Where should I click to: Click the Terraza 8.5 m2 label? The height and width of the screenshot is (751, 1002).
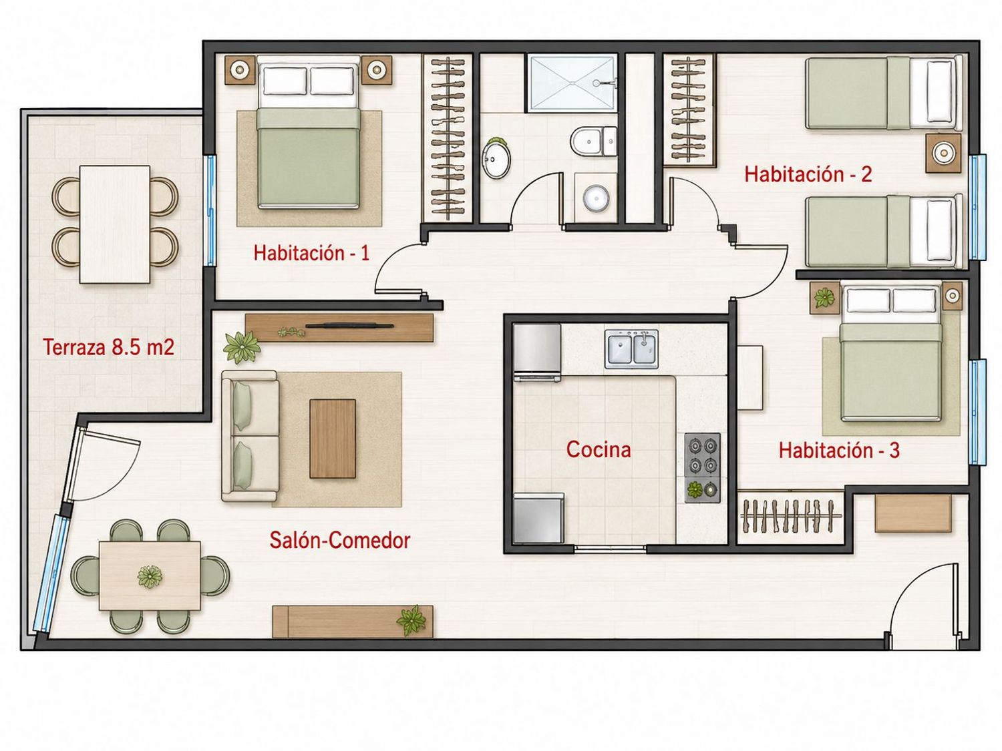click(x=109, y=347)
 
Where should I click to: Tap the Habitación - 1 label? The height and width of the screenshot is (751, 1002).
click(x=311, y=253)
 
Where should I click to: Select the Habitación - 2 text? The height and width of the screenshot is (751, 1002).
click(x=808, y=174)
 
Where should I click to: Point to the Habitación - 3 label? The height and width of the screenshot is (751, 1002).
click(x=839, y=451)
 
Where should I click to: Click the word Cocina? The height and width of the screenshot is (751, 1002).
click(x=599, y=449)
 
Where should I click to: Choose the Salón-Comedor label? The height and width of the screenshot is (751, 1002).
click(x=339, y=540)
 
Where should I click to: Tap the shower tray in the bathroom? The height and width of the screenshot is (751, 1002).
click(x=571, y=83)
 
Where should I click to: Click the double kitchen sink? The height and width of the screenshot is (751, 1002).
click(x=632, y=349)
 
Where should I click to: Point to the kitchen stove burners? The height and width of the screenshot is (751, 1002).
click(x=702, y=467)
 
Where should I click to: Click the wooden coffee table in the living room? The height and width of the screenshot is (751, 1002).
click(x=332, y=439)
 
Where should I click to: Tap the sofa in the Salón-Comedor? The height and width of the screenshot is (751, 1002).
click(x=250, y=437)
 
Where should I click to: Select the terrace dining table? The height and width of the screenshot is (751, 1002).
click(x=115, y=224)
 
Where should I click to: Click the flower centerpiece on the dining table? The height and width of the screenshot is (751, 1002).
click(x=150, y=576)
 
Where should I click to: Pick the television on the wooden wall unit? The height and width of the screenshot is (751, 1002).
click(x=349, y=326)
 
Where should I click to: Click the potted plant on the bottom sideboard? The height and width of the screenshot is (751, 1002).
click(x=411, y=620)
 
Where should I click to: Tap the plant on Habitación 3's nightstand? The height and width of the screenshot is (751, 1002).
click(x=824, y=298)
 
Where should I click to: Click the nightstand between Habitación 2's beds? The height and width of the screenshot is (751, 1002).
click(x=943, y=154)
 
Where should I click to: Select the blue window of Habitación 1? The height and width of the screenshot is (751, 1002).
click(x=210, y=211)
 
